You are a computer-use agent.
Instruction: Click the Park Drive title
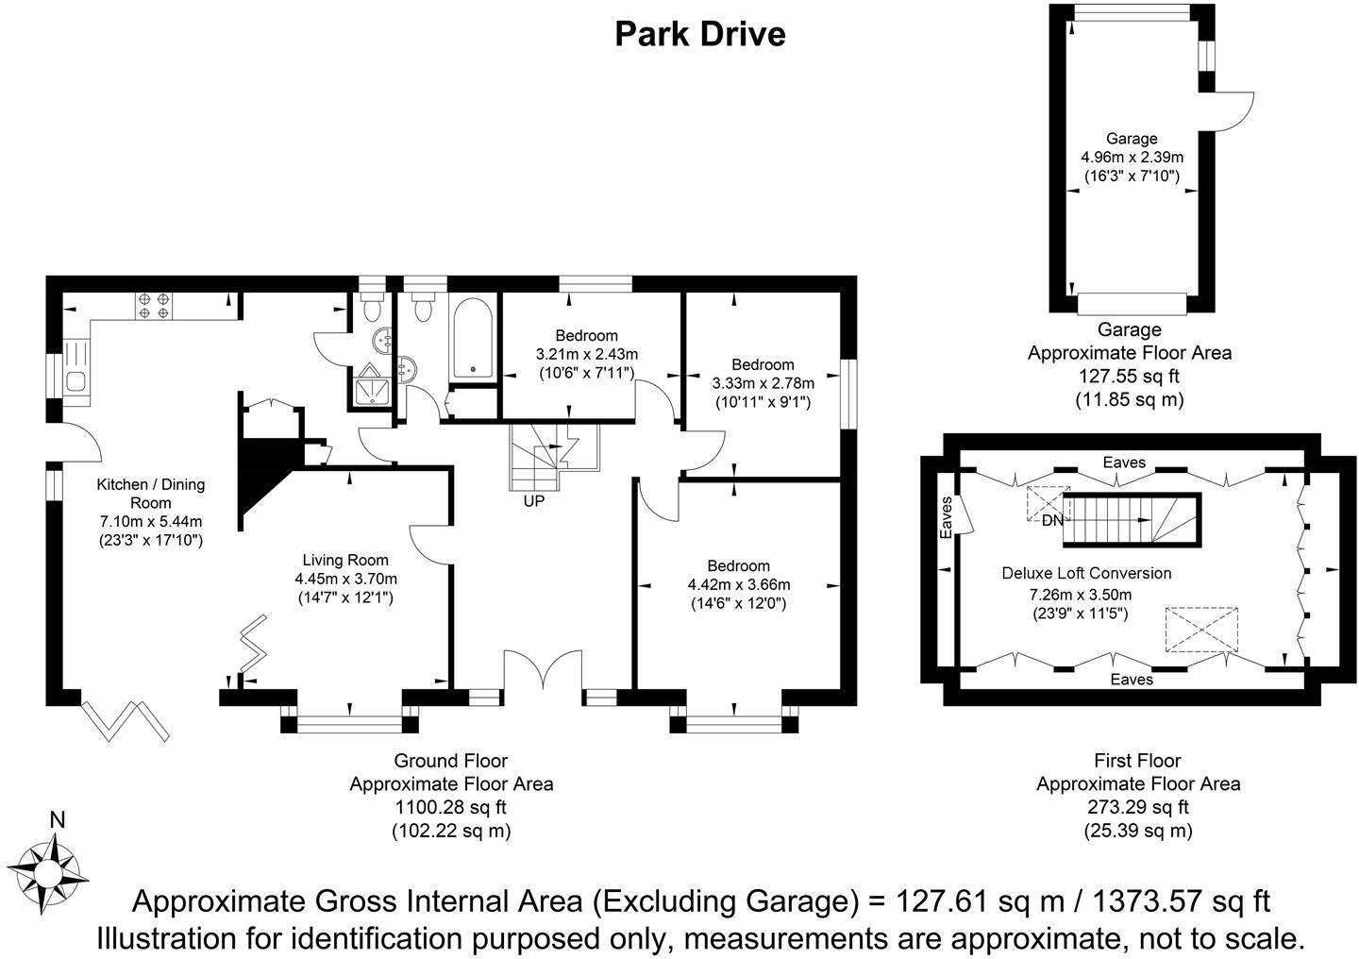pyautogui.click(x=700, y=34)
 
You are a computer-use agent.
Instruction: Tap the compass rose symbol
pyautogui.click(x=47, y=873)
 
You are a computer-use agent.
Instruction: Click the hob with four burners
pyautogui.click(x=154, y=305)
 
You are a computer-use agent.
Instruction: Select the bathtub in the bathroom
pyautogui.click(x=473, y=338)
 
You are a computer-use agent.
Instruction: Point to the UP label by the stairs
pyautogui.click(x=534, y=501)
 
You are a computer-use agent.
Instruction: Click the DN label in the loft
pyautogui.click(x=1052, y=520)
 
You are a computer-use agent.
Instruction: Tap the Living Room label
pyautogui.click(x=345, y=561)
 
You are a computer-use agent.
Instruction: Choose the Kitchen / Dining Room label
pyautogui.click(x=150, y=494)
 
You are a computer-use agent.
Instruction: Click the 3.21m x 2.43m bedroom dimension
pyautogui.click(x=587, y=354)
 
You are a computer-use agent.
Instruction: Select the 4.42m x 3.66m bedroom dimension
pyautogui.click(x=738, y=585)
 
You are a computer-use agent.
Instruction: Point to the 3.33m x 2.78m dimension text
pyautogui.click(x=763, y=383)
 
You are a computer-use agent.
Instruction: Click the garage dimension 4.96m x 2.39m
pyautogui.click(x=1132, y=158)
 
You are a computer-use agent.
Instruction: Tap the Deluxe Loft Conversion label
pyautogui.click(x=1086, y=573)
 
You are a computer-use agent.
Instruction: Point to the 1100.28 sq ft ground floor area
pyautogui.click(x=451, y=807)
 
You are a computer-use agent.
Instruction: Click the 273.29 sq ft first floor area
pyautogui.click(x=1137, y=807)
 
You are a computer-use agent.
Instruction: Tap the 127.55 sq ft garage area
pyautogui.click(x=1129, y=377)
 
